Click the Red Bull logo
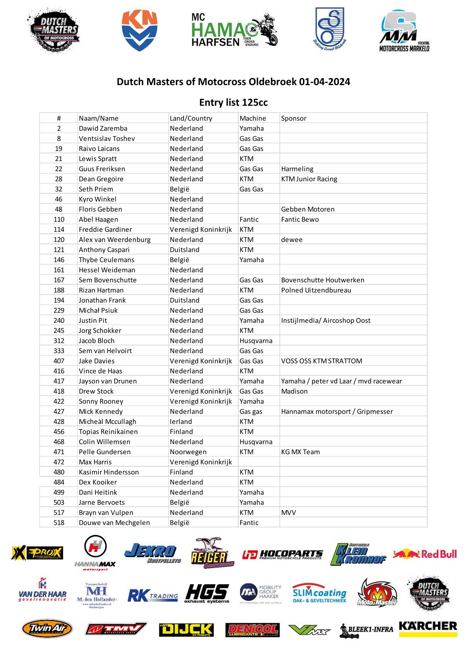[425, 554]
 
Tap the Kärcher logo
[428, 627]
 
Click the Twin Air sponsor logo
[47, 629]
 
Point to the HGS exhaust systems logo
[207, 593]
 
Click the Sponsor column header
[294, 118]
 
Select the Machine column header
[253, 118]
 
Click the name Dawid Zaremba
[103, 128]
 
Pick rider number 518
[59, 522]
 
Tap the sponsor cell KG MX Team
[300, 452]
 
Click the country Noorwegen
[188, 452]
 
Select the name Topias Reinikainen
[108, 431]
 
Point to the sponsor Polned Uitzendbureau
[316, 290]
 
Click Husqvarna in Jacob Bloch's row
[256, 341]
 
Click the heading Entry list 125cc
[233, 102]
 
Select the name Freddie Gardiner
[105, 229]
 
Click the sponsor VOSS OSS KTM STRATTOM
[321, 361]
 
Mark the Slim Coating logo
[319, 593]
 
